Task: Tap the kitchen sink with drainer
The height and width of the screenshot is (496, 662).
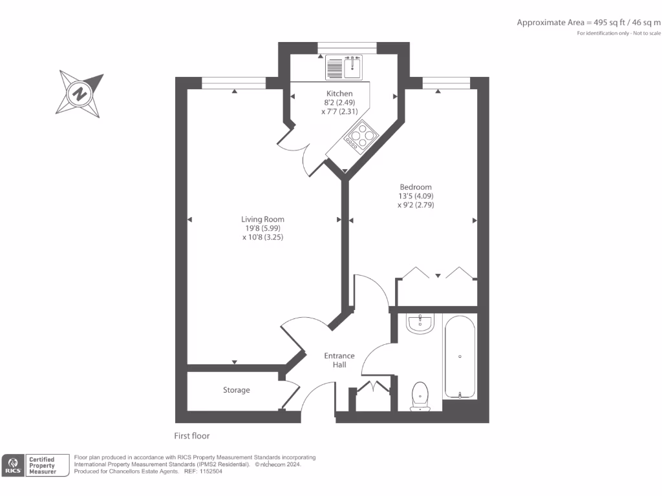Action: pos(345,67)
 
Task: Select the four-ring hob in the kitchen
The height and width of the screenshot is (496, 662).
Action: pos(361,136)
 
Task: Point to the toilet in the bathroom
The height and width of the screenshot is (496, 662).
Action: pos(420,395)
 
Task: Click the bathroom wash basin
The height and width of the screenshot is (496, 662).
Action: pos(421,323)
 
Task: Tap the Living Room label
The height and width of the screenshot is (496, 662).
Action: pos(262,219)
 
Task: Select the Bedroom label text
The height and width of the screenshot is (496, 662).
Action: pos(415,187)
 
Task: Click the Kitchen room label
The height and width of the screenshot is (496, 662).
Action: pos(339,94)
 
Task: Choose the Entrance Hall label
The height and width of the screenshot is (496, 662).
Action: pos(339,360)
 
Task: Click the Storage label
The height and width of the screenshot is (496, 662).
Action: pos(237,390)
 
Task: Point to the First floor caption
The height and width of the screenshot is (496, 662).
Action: pos(192,436)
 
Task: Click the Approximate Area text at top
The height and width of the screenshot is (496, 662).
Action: pos(588,23)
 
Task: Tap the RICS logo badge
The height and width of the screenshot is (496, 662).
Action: pos(12,466)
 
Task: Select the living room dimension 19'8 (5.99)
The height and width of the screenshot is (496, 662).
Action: pos(262,228)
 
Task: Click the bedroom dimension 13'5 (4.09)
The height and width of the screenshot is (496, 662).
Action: pos(415,196)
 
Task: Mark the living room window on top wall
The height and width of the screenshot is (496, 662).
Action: pos(233,83)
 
